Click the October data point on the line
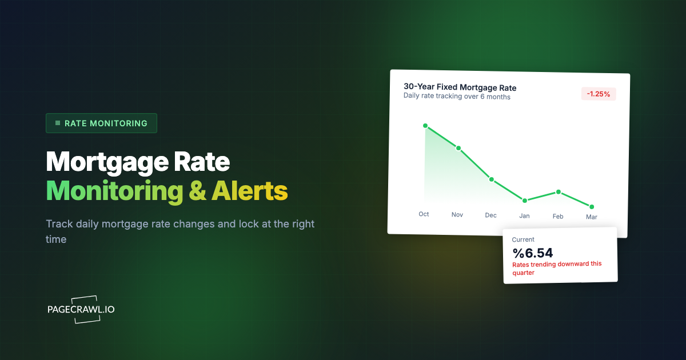tap(425, 125)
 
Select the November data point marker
tap(458, 148)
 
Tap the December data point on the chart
tap(491, 179)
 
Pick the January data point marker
tap(524, 201)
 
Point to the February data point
tap(559, 192)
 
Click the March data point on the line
tap(592, 206)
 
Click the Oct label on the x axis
tap(424, 214)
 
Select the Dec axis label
tap(490, 215)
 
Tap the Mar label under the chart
tap(591, 217)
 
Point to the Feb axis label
tap(558, 217)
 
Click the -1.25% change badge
tap(599, 94)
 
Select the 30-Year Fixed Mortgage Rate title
tap(460, 87)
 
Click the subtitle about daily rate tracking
tap(457, 97)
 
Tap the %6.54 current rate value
tap(532, 253)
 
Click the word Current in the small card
tap(523, 240)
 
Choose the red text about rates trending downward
tap(556, 268)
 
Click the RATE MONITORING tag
tap(101, 123)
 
